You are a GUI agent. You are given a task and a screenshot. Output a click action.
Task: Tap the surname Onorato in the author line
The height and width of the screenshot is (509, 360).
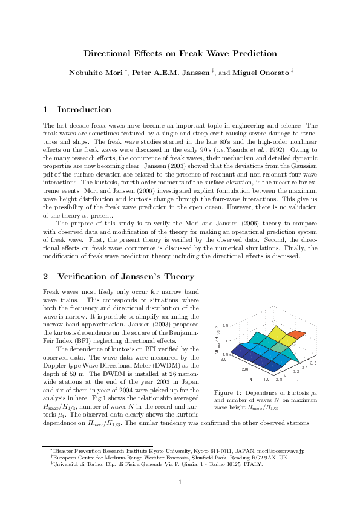pyautogui.click(x=272, y=72)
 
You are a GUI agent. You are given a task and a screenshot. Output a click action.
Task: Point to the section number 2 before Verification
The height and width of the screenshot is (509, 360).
pyautogui.click(x=45, y=277)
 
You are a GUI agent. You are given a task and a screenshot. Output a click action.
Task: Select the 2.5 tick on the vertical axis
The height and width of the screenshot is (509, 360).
pyautogui.click(x=225, y=326)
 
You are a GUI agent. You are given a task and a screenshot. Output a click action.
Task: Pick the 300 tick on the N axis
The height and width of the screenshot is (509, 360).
pyautogui.click(x=224, y=359)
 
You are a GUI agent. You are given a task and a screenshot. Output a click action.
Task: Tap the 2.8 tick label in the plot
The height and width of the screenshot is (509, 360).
pyautogui.click(x=278, y=380)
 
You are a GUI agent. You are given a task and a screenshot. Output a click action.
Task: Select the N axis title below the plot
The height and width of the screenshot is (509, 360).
pyautogui.click(x=250, y=379)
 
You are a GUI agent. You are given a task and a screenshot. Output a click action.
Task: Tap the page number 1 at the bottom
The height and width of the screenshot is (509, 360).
pyautogui.click(x=180, y=481)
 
